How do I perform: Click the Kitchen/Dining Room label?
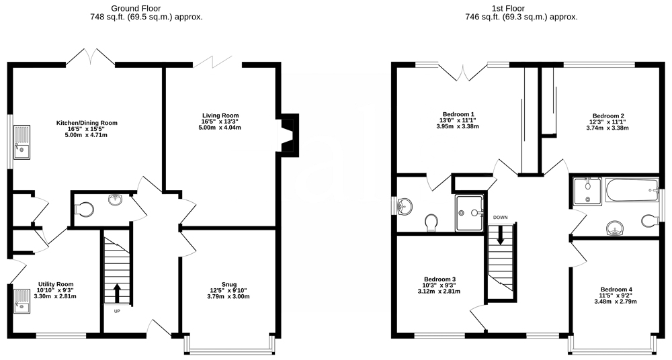[87, 123]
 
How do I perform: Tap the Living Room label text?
[220, 116]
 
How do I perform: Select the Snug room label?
[228, 284]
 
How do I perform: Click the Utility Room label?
[56, 284]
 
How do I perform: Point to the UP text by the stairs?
[117, 312]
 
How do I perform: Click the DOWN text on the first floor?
[500, 218]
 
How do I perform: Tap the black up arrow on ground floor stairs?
[116, 293]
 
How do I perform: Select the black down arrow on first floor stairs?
[500, 235]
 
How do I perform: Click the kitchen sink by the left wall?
[22, 142]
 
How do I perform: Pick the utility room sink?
[22, 302]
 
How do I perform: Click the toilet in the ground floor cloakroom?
[84, 210]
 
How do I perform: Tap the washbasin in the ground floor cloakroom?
[116, 199]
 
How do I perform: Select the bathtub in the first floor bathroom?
[632, 192]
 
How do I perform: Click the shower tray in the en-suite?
[469, 213]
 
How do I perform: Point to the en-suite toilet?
[431, 223]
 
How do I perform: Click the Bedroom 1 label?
[458, 114]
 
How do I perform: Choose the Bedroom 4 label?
[616, 289]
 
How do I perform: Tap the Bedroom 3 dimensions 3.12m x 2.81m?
[439, 291]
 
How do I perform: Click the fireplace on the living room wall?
[289, 133]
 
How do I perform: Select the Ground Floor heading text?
[136, 8]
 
